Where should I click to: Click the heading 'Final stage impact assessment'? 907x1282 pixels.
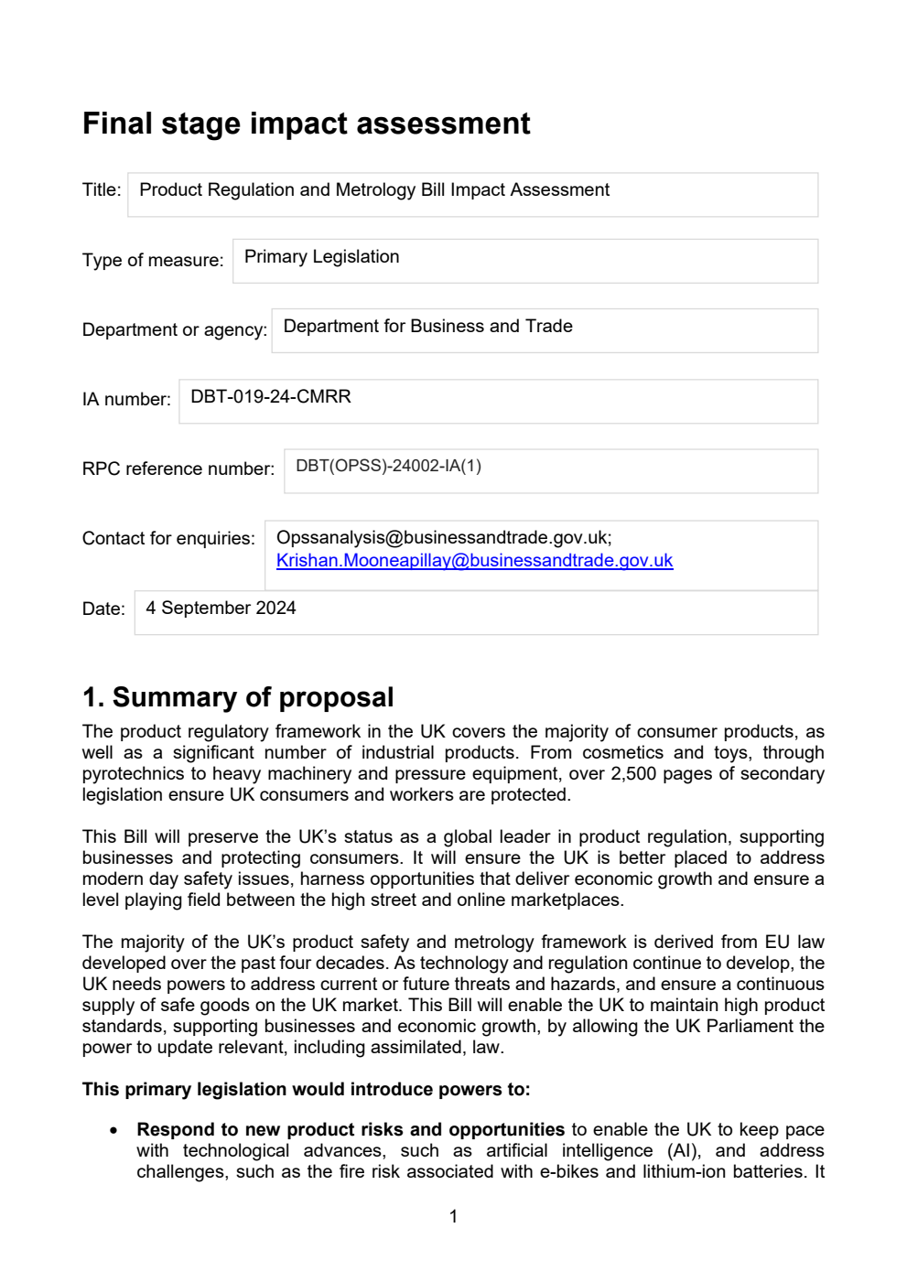[x=306, y=124]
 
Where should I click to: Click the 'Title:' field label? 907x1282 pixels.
[x=102, y=190]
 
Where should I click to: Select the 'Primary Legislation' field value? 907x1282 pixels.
[x=321, y=257]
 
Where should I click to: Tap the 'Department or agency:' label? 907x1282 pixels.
[x=174, y=329]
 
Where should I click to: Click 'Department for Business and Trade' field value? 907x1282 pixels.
[x=427, y=327]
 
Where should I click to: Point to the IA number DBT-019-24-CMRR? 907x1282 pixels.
[x=270, y=397]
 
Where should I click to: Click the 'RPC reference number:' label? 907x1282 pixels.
[x=178, y=469]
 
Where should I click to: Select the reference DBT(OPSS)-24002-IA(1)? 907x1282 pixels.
[x=388, y=466]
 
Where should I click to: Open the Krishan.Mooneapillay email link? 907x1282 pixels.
[x=474, y=561]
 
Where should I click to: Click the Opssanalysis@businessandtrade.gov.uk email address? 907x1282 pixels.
[x=443, y=538]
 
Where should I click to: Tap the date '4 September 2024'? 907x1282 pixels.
[x=221, y=609]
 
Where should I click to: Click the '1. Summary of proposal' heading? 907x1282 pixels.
[x=238, y=697]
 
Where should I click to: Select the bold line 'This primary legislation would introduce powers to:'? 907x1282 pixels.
[x=306, y=1090]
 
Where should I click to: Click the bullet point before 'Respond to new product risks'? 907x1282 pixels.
[x=113, y=1130]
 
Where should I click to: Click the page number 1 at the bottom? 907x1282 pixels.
[x=453, y=1216]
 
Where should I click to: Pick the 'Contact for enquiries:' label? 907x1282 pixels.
[x=168, y=538]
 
